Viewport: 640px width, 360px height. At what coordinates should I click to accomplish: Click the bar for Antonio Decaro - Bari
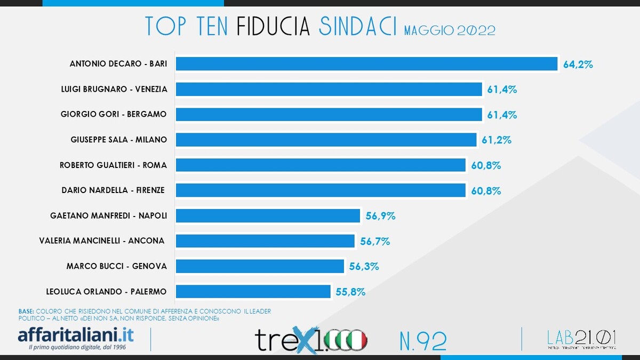pyautogui.click(x=366, y=63)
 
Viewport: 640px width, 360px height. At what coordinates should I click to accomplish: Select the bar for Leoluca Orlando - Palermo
pyautogui.click(x=253, y=291)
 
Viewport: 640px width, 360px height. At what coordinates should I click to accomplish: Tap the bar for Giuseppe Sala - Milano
pyautogui.click(x=326, y=140)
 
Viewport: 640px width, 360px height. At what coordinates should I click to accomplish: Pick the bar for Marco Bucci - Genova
pyautogui.click(x=260, y=266)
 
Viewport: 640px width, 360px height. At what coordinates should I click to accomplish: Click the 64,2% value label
pyautogui.click(x=578, y=65)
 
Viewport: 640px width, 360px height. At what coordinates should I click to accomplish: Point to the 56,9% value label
pyautogui.click(x=381, y=216)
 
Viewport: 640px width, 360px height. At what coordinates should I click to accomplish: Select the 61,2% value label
pyautogui.click(x=497, y=140)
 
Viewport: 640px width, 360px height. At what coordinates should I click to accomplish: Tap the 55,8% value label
pyautogui.click(x=350, y=292)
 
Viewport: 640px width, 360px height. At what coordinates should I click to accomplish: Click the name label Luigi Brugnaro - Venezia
pyautogui.click(x=114, y=89)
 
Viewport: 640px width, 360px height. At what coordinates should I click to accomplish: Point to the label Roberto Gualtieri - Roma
pyautogui.click(x=113, y=165)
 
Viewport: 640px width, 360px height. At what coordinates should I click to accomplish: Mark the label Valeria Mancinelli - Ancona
pyautogui.click(x=102, y=241)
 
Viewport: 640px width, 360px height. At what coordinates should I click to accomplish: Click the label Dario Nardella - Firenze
pyautogui.click(x=113, y=190)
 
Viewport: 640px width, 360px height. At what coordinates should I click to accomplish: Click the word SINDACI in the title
pyautogui.click(x=357, y=26)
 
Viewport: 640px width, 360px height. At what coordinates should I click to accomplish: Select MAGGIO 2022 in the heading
pyautogui.click(x=450, y=30)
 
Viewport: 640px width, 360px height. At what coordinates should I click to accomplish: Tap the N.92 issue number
pyautogui.click(x=422, y=340)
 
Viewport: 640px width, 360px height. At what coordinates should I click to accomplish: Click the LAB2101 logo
pyautogui.click(x=582, y=339)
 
